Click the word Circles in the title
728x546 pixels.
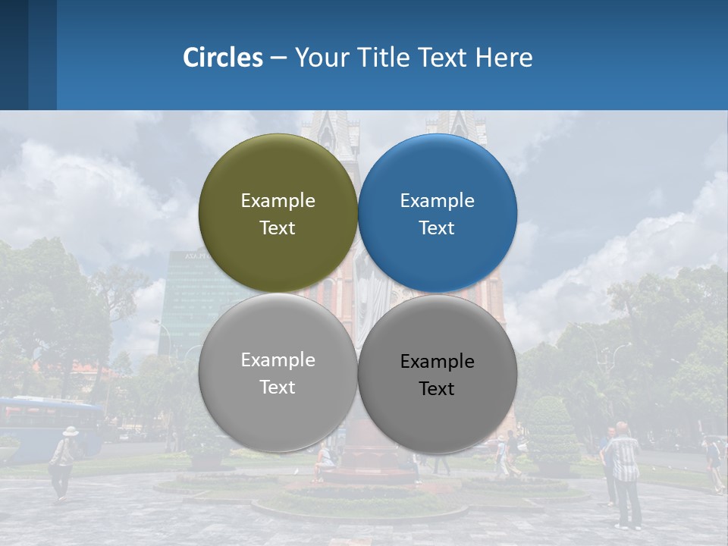point(223,58)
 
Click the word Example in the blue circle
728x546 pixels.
point(437,201)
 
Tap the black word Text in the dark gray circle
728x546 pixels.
point(437,389)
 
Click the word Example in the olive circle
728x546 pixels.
point(278,201)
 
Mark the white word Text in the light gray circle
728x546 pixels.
point(278,388)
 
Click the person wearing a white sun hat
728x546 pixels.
point(64,463)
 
